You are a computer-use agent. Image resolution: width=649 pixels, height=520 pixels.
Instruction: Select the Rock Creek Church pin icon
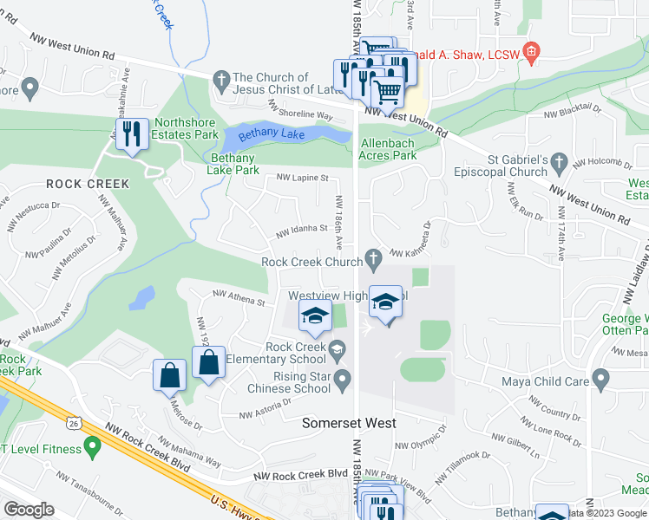pos(374,257)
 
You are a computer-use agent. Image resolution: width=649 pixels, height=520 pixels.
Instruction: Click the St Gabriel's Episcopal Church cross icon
pos(559,162)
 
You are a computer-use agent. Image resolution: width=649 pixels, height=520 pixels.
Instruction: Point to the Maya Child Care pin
pos(600,379)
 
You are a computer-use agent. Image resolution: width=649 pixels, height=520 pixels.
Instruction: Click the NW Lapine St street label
pos(302,178)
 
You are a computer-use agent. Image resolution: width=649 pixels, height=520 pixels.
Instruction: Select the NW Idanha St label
pos(300,231)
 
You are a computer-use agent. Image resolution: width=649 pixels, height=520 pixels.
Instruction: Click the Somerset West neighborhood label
pos(349,423)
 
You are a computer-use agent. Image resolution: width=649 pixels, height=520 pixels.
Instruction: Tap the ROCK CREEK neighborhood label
pos(88,184)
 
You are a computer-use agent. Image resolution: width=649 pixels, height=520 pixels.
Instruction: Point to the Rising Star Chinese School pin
pos(343,378)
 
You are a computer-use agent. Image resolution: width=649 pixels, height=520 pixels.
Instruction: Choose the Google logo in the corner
pos(29,510)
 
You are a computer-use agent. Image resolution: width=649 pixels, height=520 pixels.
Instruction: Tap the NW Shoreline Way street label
pos(301,108)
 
